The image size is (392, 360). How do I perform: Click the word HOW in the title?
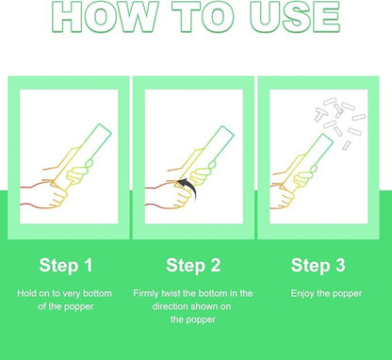point(105,16)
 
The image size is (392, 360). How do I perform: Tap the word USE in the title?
point(295,16)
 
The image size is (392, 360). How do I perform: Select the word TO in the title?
point(204,16)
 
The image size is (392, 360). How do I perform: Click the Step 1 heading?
point(66,265)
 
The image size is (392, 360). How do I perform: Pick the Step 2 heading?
point(193,265)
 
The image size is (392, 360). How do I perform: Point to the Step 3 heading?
point(318,265)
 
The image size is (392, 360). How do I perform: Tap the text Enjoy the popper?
point(326,294)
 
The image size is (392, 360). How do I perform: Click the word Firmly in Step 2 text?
point(146,294)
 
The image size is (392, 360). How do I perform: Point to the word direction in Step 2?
point(170,306)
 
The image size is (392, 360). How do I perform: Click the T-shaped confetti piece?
point(321,114)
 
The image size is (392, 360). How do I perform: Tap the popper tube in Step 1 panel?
point(82,156)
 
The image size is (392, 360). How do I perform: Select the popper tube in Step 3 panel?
point(306,163)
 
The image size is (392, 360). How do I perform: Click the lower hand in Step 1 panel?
point(47,195)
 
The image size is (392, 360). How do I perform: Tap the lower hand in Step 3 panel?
point(282,197)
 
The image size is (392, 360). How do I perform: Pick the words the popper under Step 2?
point(193,320)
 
